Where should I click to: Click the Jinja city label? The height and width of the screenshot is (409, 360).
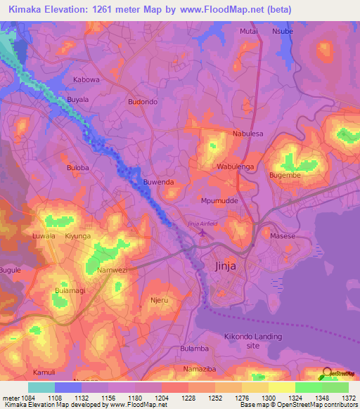[x=227, y=266]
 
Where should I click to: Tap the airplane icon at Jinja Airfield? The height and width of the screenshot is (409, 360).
[x=205, y=233]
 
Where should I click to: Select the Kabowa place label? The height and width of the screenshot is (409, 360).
[x=86, y=80]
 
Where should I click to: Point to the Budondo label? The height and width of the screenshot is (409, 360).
[x=143, y=102]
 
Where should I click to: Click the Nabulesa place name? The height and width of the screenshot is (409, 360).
[x=247, y=134]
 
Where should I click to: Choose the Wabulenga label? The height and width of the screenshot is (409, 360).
[x=235, y=167]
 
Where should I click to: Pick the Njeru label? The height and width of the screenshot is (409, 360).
[x=160, y=300]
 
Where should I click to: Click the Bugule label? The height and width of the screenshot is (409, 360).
[x=11, y=270]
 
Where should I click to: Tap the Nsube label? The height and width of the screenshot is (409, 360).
[x=283, y=32]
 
